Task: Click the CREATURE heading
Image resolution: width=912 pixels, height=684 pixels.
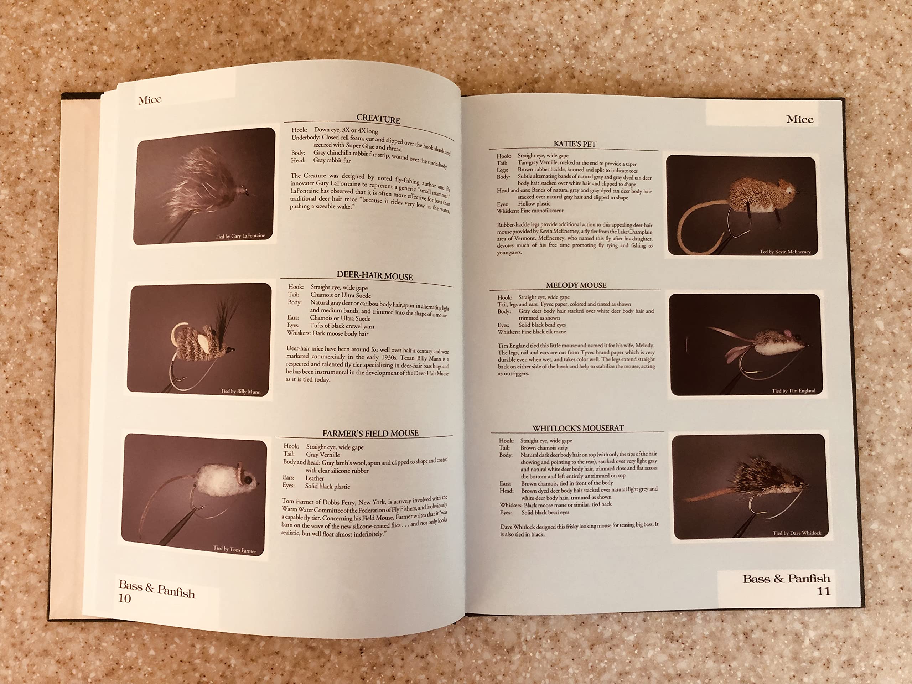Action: coord(378,119)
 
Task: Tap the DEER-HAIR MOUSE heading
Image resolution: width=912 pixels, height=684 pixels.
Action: coord(374,275)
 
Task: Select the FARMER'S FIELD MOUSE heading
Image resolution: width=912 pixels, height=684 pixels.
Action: coord(370,433)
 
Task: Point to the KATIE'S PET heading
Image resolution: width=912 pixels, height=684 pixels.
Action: coord(575,144)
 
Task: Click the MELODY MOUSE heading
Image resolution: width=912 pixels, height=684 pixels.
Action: coord(576,285)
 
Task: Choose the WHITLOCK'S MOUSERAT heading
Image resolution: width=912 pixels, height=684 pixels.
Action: coord(577,428)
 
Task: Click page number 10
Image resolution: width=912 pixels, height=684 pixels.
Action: coord(125,598)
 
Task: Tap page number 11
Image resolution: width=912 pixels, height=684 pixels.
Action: coord(823,591)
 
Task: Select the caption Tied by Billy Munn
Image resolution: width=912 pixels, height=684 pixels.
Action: coord(240,391)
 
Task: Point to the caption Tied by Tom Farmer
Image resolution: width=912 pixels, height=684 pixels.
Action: coord(235,549)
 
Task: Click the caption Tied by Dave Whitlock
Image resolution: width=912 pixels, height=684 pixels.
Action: coord(797,533)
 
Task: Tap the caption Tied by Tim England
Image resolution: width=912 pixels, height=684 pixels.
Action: coord(793,391)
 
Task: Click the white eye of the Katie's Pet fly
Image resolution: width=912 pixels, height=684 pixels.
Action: coord(789,190)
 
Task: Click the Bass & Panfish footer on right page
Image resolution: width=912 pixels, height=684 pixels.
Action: coord(786,579)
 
